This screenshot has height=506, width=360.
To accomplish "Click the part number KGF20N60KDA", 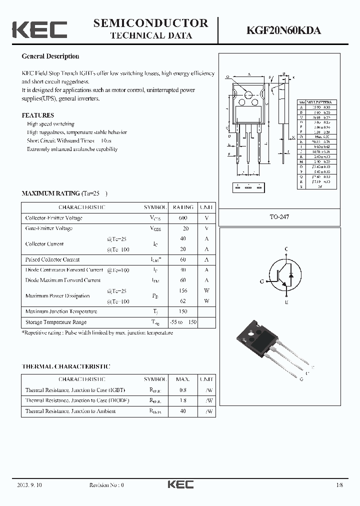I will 283,30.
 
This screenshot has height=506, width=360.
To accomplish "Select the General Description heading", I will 50,56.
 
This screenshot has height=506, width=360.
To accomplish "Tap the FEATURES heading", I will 37,115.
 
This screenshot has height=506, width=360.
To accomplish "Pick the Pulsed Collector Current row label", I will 52,259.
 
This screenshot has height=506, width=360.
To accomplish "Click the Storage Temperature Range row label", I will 56,322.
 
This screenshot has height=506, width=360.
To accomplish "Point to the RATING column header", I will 182,207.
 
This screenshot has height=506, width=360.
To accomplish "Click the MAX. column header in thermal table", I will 182,379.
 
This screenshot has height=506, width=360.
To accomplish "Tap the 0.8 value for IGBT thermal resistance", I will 182,390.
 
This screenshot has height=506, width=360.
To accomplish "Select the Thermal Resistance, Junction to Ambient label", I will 70,411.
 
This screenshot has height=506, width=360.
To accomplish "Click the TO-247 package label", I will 279,217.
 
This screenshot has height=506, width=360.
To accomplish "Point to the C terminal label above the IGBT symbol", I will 286,249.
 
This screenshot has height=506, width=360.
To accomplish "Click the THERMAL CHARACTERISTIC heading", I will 66,366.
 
